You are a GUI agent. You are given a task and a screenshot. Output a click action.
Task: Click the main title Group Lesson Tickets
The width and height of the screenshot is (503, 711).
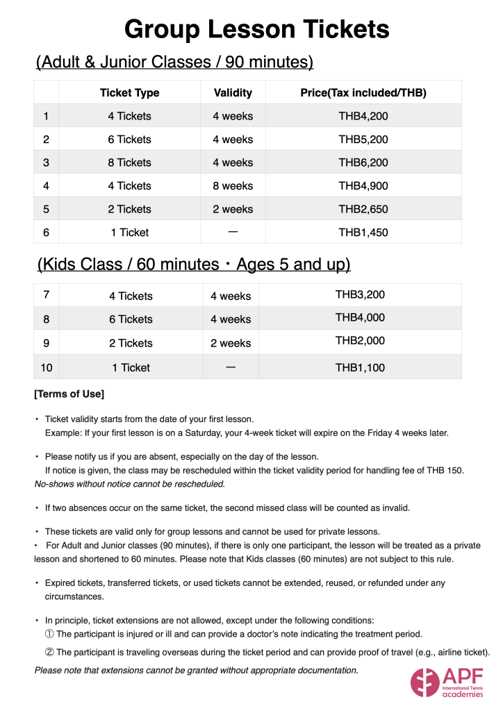click(x=256, y=30)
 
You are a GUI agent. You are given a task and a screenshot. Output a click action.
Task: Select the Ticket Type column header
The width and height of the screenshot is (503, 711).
click(x=129, y=93)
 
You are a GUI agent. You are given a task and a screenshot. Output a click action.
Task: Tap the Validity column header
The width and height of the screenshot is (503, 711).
click(x=233, y=93)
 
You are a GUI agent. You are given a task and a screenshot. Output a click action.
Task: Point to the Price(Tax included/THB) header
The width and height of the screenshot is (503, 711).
click(x=363, y=93)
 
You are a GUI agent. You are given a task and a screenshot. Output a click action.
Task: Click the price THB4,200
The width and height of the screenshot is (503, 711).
click(x=363, y=116)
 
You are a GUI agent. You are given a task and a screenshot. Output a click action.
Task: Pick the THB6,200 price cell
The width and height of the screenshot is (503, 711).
click(x=363, y=162)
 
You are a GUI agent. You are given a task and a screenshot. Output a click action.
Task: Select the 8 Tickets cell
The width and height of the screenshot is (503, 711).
click(x=129, y=162)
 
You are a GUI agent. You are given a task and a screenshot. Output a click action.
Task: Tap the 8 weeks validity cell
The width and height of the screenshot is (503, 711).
click(x=233, y=186)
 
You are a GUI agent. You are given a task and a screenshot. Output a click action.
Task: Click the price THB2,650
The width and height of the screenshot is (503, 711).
click(x=363, y=209)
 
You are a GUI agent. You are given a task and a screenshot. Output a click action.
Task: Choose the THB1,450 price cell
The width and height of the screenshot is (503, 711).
click(x=363, y=233)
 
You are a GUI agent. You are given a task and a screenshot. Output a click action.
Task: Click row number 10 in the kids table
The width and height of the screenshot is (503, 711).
click(x=46, y=367)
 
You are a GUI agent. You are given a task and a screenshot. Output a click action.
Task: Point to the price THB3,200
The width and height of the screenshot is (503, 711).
click(x=360, y=294)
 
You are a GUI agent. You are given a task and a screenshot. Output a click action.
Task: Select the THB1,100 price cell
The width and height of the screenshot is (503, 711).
click(x=360, y=367)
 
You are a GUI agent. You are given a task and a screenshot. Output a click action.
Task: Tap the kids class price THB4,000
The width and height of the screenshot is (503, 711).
click(x=360, y=317)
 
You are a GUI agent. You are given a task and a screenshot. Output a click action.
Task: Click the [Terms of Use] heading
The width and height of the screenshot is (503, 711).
click(x=69, y=394)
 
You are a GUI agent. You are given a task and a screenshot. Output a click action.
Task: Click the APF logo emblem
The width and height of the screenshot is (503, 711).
click(x=424, y=682)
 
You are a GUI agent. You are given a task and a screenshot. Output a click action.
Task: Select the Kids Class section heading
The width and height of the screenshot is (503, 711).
click(x=193, y=265)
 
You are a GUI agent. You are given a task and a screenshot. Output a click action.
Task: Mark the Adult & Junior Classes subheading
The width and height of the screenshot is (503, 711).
click(x=174, y=62)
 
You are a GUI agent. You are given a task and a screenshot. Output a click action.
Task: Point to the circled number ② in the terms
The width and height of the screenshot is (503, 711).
click(x=49, y=652)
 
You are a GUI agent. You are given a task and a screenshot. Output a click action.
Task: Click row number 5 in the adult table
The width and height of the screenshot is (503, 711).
click(x=46, y=209)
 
